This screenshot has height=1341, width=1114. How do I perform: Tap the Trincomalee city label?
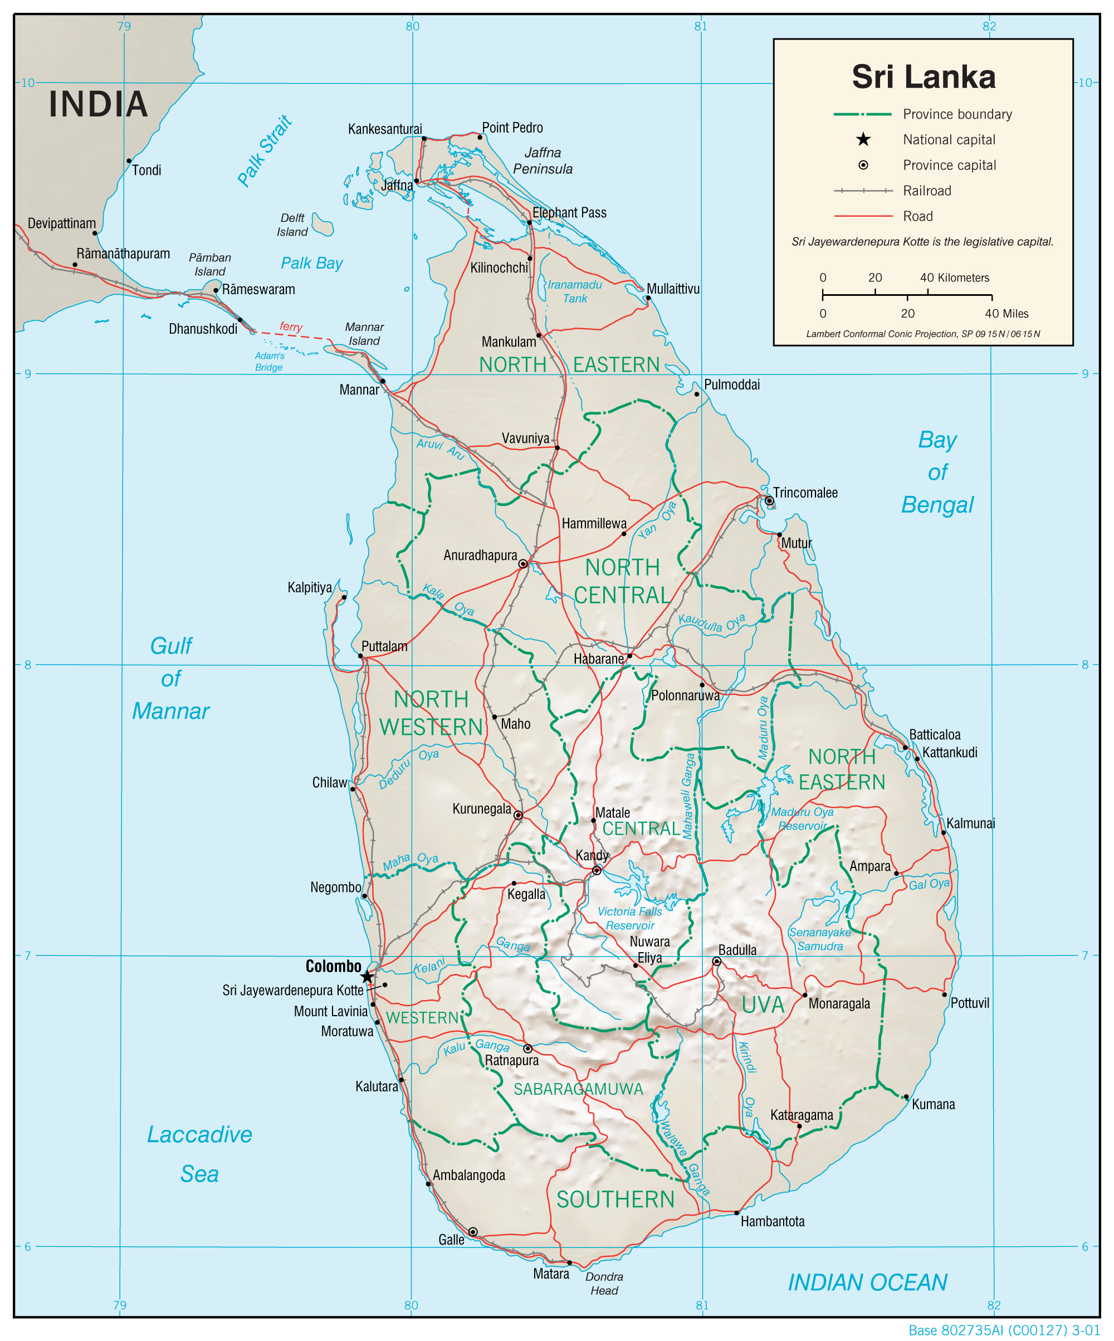coord(805,492)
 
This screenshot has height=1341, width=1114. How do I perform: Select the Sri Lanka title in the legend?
coord(923,77)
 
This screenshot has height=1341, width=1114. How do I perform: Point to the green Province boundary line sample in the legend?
coord(862,114)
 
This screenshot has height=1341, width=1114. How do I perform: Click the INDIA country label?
coord(99,104)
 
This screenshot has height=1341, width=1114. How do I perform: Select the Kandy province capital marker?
coord(596,870)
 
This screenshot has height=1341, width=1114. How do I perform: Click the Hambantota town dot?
coord(736,1212)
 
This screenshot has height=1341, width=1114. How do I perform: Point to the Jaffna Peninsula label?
coord(543,161)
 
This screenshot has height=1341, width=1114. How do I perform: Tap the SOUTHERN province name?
coord(615,1199)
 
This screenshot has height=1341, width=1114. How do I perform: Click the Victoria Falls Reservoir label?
coord(629,918)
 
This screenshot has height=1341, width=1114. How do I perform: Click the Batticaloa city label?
coord(934,734)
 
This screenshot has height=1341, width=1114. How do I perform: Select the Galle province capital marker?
coord(472,1232)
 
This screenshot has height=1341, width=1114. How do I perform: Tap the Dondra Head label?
coord(604,1284)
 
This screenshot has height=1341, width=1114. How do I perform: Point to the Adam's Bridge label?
coord(270,362)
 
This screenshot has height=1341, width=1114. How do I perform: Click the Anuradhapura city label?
coord(480,555)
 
